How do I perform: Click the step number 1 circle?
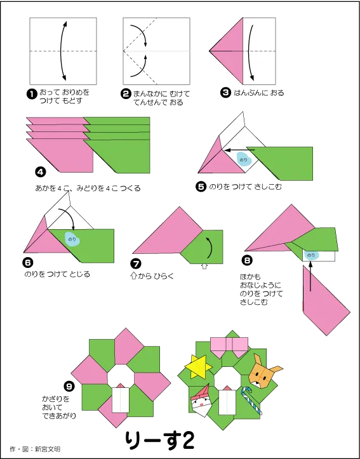[x=30, y=94]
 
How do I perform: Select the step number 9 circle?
[x=69, y=387]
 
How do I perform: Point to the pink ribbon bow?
[x=229, y=347]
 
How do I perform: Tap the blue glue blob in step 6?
[x=72, y=239]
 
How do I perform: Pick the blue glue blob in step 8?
[x=311, y=256]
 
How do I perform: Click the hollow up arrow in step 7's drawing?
[x=205, y=267]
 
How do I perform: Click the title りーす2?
[x=160, y=440]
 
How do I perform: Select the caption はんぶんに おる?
[x=259, y=93]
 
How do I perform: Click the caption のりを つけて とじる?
[x=57, y=274]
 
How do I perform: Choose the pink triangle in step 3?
[x=226, y=51]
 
